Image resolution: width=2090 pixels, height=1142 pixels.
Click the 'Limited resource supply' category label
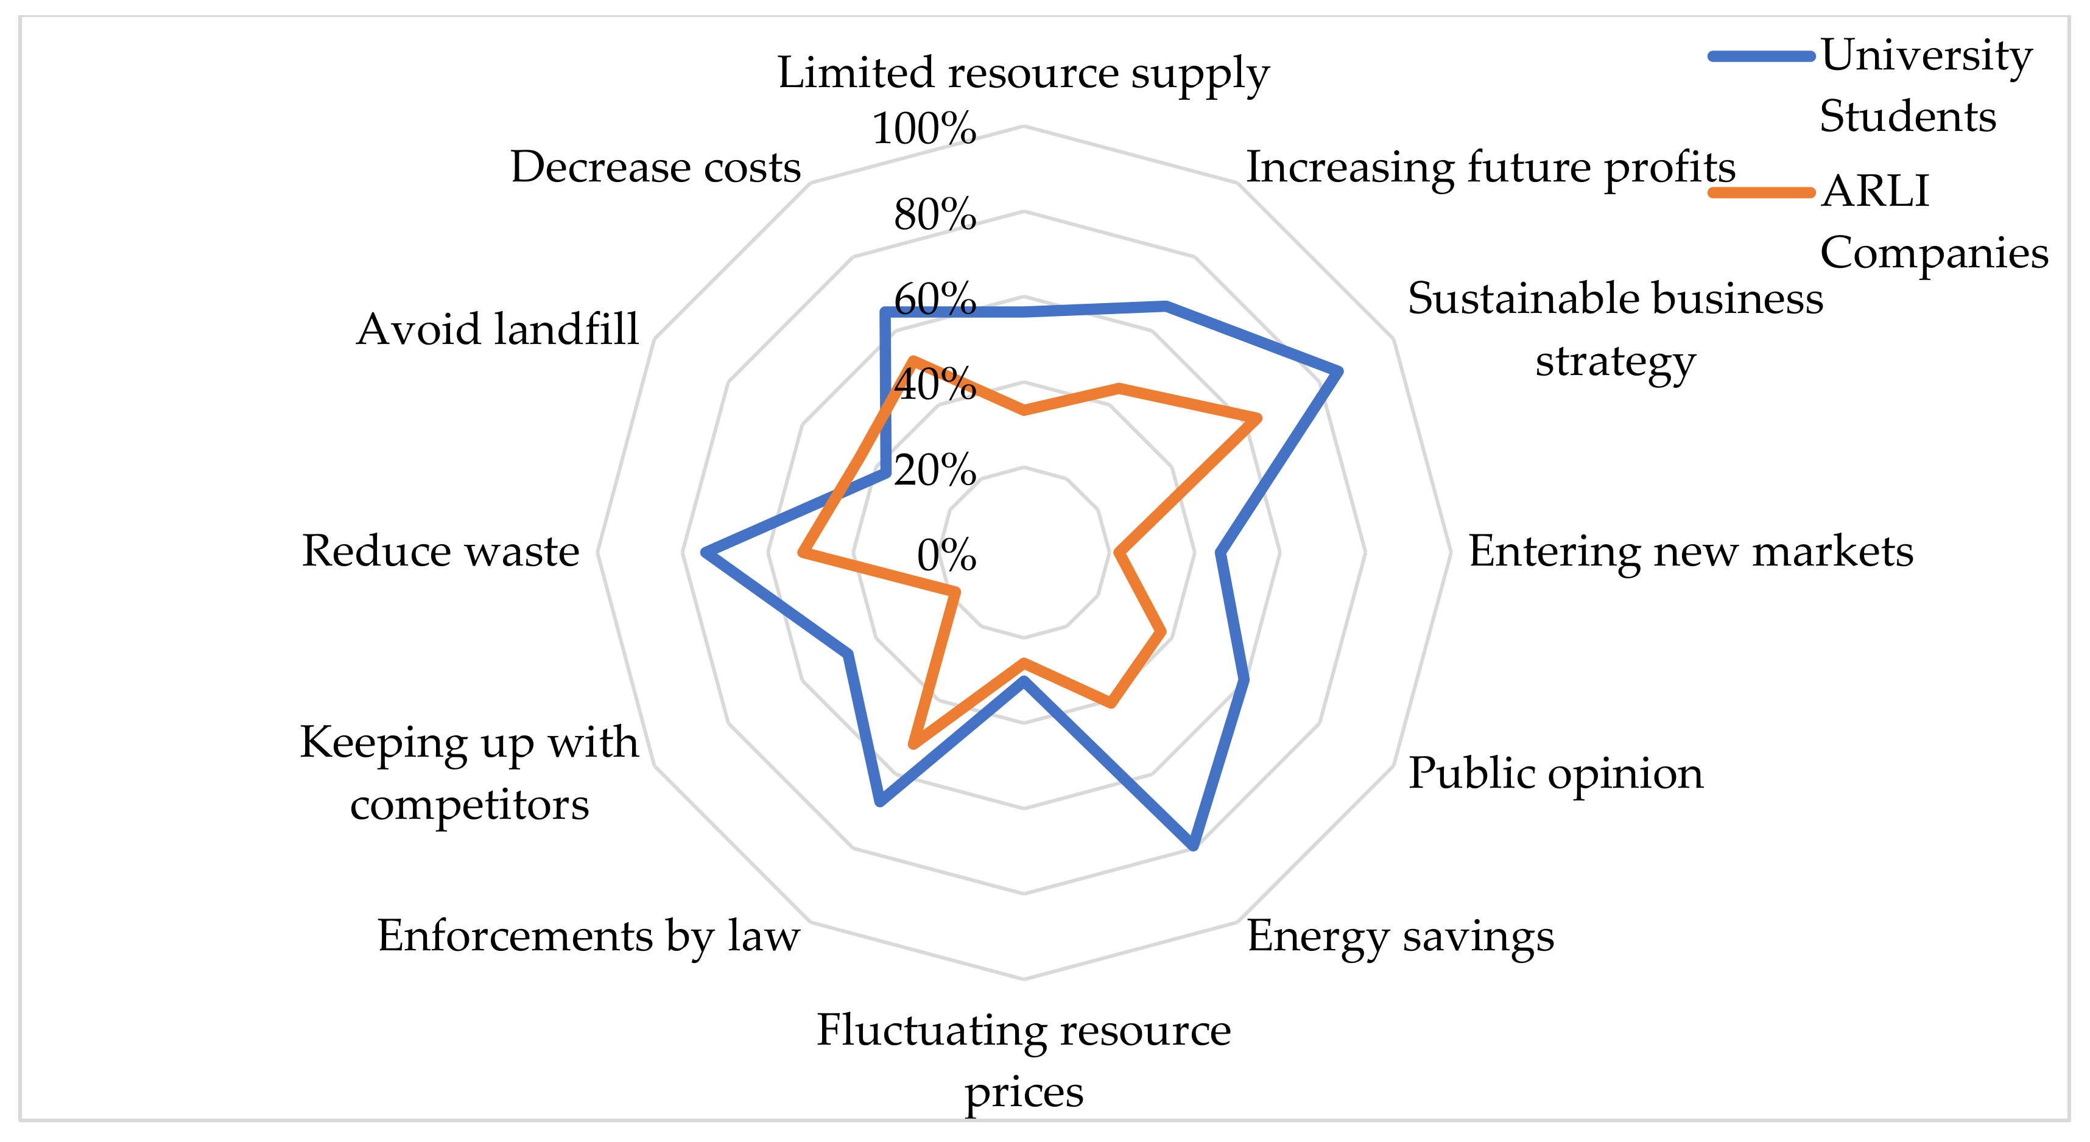[x=1023, y=73]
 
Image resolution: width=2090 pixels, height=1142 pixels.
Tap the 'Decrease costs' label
[x=655, y=168]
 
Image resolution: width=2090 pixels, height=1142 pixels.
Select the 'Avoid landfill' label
[x=498, y=329]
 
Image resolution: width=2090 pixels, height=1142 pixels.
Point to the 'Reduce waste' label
[x=440, y=552]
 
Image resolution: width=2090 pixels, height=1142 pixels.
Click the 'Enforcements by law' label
[x=588, y=936]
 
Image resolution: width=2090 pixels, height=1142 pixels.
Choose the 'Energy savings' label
[x=1401, y=936]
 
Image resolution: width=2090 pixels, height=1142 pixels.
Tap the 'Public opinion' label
[x=1555, y=773]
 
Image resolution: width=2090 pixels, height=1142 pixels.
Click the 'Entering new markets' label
[x=1691, y=552]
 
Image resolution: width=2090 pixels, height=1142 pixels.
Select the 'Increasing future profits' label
[x=1490, y=168]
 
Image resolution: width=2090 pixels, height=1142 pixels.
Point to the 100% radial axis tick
[x=924, y=129]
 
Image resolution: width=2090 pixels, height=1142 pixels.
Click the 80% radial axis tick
[x=935, y=215]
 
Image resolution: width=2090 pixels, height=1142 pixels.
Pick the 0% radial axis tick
[x=946, y=556]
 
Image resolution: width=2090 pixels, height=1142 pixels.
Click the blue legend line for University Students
[x=1761, y=56]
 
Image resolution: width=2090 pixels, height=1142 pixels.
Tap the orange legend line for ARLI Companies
[x=1761, y=193]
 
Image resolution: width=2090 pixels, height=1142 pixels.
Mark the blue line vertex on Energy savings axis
[x=1194, y=847]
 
